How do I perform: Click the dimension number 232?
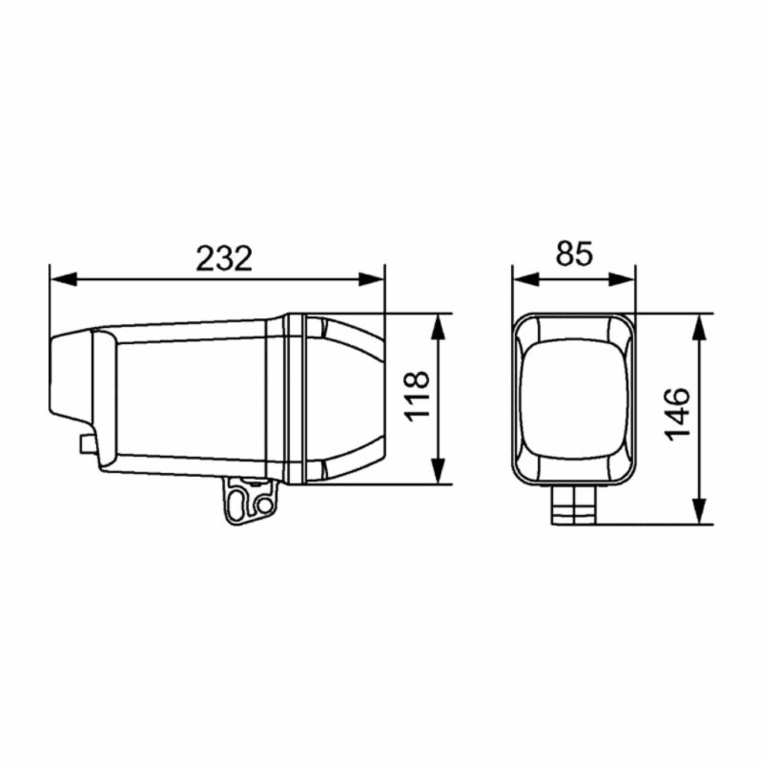coord(224,258)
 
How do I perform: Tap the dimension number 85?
coord(574,253)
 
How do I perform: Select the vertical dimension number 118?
coord(417,396)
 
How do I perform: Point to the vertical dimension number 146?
coord(677,415)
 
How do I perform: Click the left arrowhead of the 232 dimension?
coord(63,279)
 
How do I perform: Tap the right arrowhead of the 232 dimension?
coord(371,279)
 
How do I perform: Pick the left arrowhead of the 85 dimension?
coord(527,279)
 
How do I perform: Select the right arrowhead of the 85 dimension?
coord(622,279)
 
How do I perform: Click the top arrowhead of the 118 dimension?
coord(438,327)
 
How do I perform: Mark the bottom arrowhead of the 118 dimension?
coord(438,471)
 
